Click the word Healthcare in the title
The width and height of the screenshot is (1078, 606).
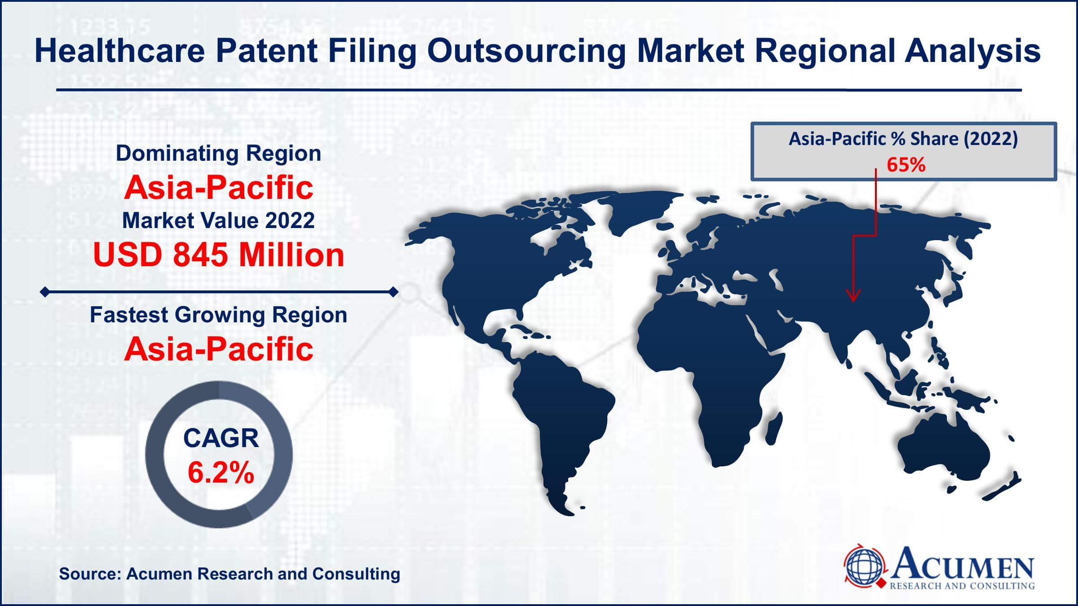(120, 51)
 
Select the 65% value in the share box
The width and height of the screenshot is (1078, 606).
(906, 165)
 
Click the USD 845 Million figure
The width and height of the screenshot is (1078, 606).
(219, 255)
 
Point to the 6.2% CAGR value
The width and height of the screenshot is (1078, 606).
(221, 472)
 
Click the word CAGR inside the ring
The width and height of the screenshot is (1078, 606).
(221, 438)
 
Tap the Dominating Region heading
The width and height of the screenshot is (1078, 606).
(219, 154)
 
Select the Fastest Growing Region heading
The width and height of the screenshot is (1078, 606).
(219, 315)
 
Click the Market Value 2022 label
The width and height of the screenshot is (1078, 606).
(219, 220)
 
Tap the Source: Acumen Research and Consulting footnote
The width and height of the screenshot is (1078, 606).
(230, 574)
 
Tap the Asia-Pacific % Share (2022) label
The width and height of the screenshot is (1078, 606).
(903, 139)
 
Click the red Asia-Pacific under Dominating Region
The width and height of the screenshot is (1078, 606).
(219, 188)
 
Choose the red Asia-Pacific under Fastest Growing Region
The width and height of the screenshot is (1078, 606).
(219, 349)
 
